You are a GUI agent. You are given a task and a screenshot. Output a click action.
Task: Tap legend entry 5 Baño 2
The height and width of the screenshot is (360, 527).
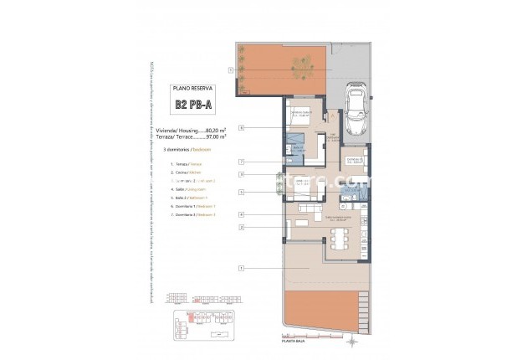coord(187,198)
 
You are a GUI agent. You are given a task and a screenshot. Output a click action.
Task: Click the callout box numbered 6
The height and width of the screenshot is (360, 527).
coord(241,128)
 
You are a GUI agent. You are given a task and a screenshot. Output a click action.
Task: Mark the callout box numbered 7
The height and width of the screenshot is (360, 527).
coord(241,161)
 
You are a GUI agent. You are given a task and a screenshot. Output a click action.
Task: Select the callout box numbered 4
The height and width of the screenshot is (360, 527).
coord(241,214)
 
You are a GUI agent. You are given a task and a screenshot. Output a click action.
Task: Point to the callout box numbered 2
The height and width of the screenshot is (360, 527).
coord(241,227)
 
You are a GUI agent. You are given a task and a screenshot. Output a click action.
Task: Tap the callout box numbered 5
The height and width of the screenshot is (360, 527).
coord(241,192)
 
